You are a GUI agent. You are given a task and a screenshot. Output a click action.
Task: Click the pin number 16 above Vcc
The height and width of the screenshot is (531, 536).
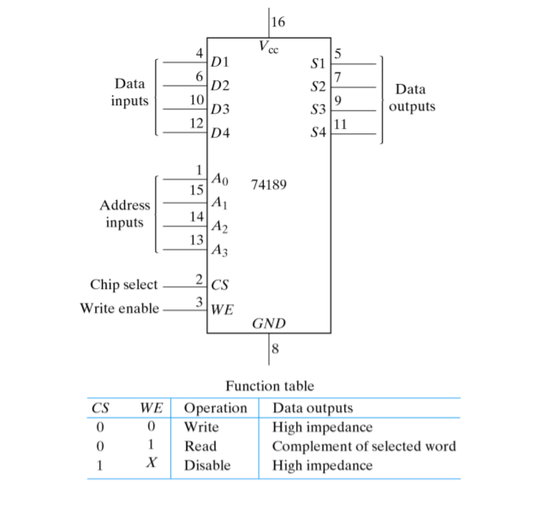click(x=278, y=22)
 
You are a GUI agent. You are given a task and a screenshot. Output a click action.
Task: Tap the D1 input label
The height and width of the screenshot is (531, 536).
click(x=220, y=62)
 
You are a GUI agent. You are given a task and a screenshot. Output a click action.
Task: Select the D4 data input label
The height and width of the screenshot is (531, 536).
click(x=220, y=133)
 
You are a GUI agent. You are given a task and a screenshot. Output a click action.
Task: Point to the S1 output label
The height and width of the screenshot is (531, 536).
click(x=318, y=63)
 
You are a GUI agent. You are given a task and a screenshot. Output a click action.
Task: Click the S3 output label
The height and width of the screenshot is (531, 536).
click(x=318, y=109)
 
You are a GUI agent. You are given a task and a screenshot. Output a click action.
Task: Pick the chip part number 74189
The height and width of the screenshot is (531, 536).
click(x=269, y=185)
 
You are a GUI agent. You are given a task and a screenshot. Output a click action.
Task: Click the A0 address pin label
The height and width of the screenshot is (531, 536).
click(x=220, y=179)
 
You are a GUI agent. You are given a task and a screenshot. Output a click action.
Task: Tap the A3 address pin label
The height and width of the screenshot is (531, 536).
click(x=219, y=250)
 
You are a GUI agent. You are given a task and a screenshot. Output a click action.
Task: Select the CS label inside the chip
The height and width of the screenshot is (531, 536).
click(x=219, y=285)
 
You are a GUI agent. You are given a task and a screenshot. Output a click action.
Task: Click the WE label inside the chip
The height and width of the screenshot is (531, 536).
click(x=223, y=310)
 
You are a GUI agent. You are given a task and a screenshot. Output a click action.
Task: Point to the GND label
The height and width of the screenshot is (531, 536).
click(x=269, y=323)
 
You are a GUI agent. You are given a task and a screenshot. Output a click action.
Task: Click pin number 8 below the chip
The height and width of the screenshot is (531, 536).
click(x=275, y=349)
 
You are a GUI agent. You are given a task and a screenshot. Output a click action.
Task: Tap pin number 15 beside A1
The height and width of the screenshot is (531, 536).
click(x=197, y=190)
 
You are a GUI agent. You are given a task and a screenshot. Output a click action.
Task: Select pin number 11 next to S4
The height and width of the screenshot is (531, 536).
click(x=340, y=124)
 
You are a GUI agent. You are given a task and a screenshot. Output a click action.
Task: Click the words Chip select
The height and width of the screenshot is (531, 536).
click(x=124, y=285)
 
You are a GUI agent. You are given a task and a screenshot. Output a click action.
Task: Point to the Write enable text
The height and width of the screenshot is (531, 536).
click(x=120, y=308)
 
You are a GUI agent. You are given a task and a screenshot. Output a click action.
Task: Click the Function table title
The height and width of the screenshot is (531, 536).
click(x=270, y=386)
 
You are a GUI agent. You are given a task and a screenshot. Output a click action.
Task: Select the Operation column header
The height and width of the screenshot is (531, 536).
click(x=216, y=408)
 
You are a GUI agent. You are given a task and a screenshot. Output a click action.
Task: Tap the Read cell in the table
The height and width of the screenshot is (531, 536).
click(x=200, y=446)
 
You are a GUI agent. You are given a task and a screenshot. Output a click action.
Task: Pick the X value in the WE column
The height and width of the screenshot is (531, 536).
click(x=152, y=463)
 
